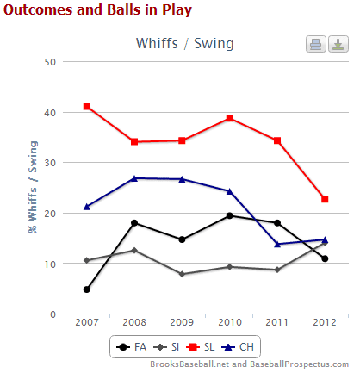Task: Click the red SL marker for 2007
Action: (87, 107)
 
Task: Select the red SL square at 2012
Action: (325, 199)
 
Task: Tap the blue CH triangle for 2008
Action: (134, 178)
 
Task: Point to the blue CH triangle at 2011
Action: (277, 244)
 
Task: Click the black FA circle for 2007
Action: (87, 289)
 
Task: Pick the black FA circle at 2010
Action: (230, 215)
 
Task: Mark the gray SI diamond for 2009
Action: (182, 274)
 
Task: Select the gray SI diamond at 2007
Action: (87, 260)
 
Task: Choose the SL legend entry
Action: (201, 347)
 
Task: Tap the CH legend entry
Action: (238, 347)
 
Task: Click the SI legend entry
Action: (166, 347)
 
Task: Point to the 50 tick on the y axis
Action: (50, 62)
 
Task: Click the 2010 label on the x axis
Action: (230, 322)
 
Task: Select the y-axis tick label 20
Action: (50, 214)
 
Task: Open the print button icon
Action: (316, 44)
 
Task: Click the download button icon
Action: (338, 44)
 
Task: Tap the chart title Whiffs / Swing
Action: (185, 44)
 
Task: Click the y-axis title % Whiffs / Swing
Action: (33, 187)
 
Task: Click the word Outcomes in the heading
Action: (39, 9)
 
